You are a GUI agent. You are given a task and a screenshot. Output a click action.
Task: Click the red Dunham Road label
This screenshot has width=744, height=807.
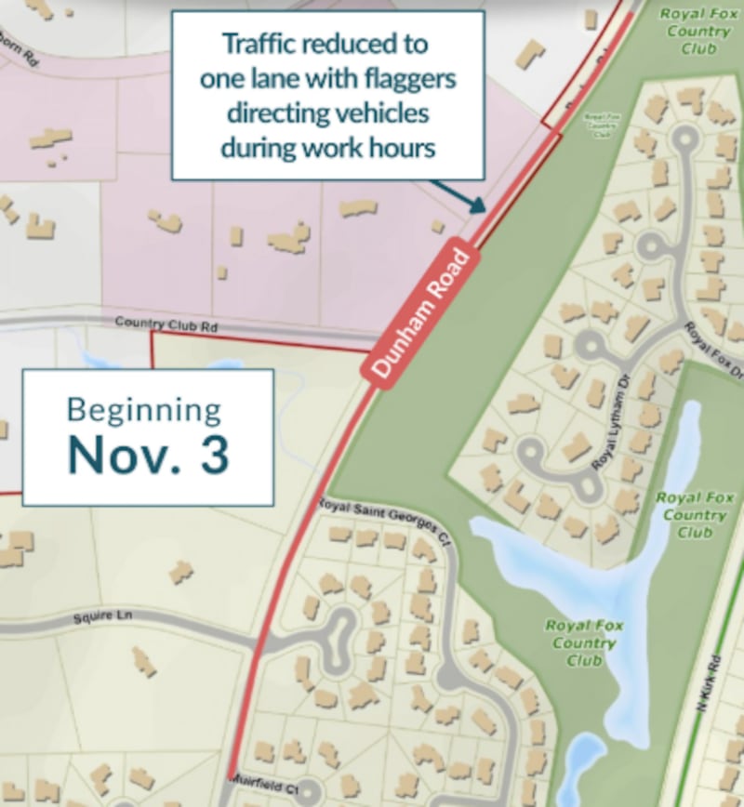[x=419, y=311]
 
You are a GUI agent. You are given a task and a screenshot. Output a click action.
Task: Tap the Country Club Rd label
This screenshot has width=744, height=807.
[x=166, y=324]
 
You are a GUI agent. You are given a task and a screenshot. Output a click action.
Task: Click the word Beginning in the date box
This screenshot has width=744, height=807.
[x=144, y=410]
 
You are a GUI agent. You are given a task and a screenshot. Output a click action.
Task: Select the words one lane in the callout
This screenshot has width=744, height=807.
[x=246, y=78]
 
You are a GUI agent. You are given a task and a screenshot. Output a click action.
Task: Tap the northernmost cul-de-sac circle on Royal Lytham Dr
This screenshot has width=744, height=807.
[x=684, y=139]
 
